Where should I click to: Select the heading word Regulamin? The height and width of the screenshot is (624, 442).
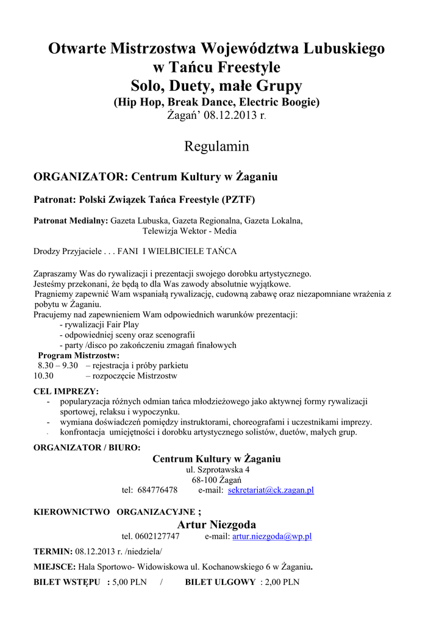(x=216, y=146)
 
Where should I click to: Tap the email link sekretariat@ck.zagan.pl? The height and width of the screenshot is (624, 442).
(x=271, y=490)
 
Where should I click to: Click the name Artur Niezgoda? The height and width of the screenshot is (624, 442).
(x=216, y=525)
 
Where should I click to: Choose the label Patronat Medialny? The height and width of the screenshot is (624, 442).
(x=71, y=221)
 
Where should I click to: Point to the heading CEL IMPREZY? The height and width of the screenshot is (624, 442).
(x=66, y=391)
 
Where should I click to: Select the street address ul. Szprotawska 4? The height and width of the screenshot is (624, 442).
(x=217, y=470)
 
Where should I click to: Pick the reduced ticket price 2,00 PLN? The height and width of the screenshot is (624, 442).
(x=281, y=582)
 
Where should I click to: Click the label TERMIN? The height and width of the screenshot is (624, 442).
(x=53, y=551)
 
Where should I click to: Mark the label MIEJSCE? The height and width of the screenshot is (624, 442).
(x=54, y=567)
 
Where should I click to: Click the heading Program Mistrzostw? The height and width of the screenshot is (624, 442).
(x=79, y=355)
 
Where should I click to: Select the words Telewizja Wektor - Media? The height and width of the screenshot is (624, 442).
(x=190, y=231)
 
